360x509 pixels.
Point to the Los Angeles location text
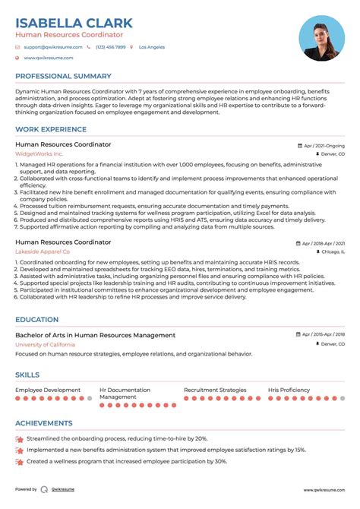pyautogui.click(x=152, y=47)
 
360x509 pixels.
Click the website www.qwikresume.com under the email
pyautogui.click(x=48, y=58)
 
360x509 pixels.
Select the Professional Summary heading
pyautogui.click(x=62, y=77)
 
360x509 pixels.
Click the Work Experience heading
pyautogui.click(x=50, y=129)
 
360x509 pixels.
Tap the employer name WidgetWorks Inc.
pyautogui.click(x=39, y=153)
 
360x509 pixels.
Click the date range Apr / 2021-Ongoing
pyautogui.click(x=323, y=144)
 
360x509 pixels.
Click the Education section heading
pyautogui.click(x=36, y=320)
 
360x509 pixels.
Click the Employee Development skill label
pyautogui.click(x=48, y=390)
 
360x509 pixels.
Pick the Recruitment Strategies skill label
pyautogui.click(x=215, y=390)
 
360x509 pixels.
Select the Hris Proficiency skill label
pyautogui.click(x=289, y=390)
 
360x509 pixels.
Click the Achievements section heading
pyautogui.click(x=44, y=423)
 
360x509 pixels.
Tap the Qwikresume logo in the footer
pyautogui.click(x=46, y=489)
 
